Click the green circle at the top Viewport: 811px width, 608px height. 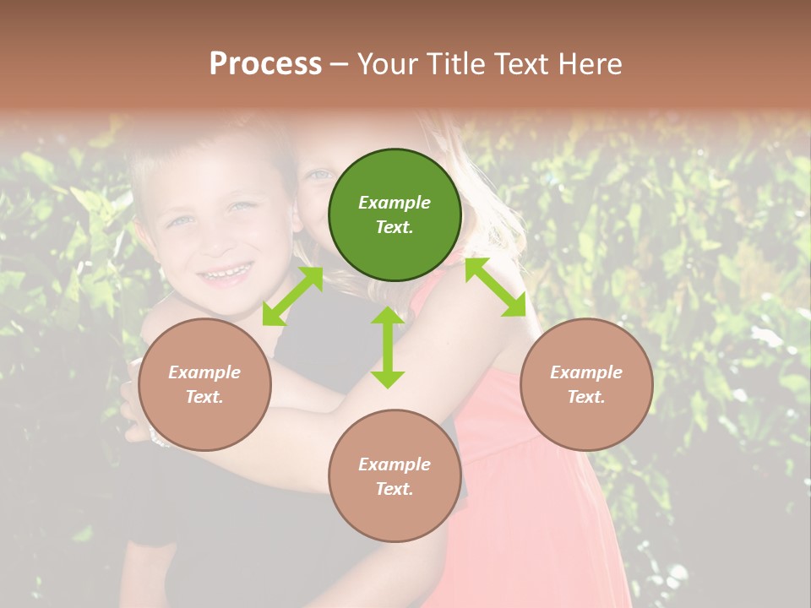point(395,215)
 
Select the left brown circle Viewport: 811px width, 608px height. point(204,385)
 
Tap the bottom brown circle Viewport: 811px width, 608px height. point(395,475)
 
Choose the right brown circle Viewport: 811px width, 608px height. point(586,385)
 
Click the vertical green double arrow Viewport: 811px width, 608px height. point(388,347)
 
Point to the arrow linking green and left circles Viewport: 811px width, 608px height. point(292,296)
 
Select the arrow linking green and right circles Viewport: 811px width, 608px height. point(495,288)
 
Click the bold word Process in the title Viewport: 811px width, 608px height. point(265,64)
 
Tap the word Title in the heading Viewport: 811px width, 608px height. point(455,64)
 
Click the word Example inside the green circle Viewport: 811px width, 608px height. point(395,203)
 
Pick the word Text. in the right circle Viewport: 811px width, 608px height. point(586,397)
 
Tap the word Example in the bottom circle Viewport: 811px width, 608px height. point(395,464)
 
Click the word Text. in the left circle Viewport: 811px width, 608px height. point(204,397)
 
